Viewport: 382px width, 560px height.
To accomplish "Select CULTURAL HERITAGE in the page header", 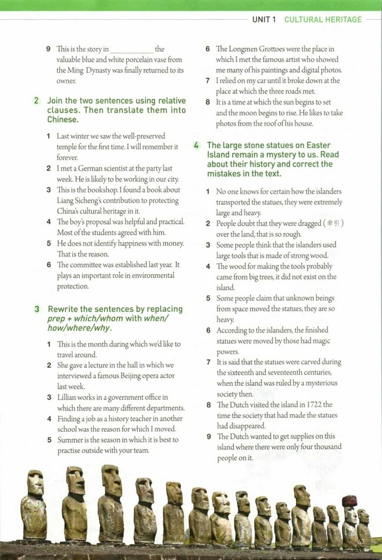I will point(322,19).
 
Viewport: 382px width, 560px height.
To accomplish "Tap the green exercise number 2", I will point(37,100).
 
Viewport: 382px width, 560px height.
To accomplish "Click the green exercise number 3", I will point(37,309).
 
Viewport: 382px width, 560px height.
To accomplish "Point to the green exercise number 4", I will point(196,145).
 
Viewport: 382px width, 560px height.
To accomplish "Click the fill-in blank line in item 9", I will point(131,50).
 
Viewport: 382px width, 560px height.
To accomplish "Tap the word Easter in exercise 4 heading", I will point(318,145).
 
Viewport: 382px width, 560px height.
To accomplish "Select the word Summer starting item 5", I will point(70,440).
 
